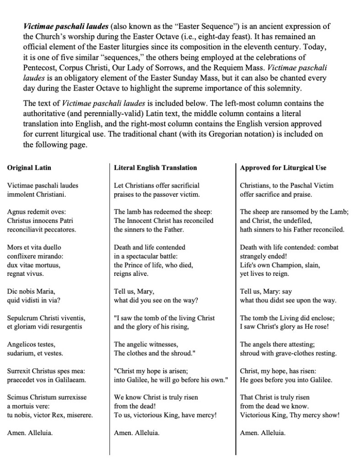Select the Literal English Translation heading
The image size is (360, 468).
tap(156, 168)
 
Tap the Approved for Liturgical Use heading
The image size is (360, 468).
tap(283, 168)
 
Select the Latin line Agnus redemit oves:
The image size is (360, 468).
tap(37, 212)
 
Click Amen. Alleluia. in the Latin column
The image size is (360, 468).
tap(30, 433)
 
